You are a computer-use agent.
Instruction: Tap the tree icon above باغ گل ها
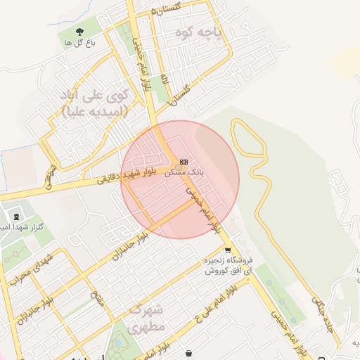79,31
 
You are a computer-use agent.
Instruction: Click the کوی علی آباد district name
95,95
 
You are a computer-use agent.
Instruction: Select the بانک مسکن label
187,172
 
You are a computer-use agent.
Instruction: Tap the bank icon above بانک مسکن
184,161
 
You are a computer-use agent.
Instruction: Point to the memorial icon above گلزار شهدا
16,214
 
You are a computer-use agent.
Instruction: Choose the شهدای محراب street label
22,270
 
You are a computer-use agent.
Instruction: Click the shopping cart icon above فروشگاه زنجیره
227,250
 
